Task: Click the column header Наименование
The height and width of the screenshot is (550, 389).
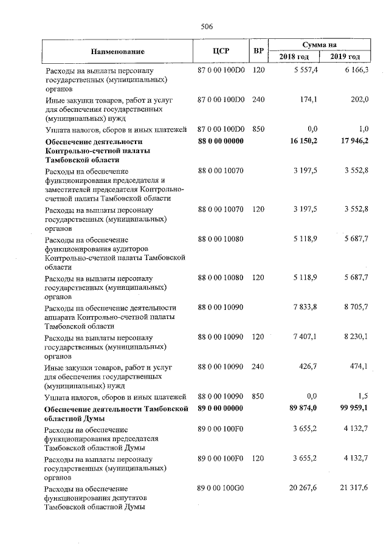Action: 118,51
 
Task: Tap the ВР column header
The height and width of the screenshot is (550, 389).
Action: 258,51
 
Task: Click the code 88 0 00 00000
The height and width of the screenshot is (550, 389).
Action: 221,141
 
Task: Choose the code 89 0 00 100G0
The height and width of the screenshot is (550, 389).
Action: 221,488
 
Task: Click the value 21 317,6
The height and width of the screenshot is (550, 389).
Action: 354,488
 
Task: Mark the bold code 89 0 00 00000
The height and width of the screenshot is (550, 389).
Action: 221,407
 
